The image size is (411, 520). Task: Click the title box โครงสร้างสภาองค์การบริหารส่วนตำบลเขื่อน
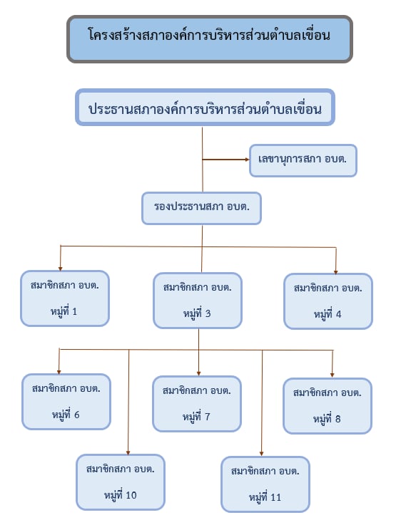coord(209,38)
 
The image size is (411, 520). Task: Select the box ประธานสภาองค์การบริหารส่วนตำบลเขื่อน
coord(205,108)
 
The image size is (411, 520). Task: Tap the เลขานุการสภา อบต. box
coord(303,160)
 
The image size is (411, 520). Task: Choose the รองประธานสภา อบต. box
coord(202,208)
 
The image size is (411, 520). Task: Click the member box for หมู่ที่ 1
coord(65,298)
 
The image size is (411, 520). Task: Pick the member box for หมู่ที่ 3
coord(198,301)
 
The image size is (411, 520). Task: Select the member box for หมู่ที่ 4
coord(328,301)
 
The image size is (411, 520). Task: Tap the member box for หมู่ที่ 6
coord(66,402)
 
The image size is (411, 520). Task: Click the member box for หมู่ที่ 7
coord(197,404)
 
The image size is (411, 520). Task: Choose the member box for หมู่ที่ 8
coord(328,406)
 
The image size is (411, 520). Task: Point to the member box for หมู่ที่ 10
coord(121,482)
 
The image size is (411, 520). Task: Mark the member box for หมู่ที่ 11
coord(265,484)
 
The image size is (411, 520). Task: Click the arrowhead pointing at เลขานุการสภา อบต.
coord(247,160)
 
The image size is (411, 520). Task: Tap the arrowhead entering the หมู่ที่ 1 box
coord(61,269)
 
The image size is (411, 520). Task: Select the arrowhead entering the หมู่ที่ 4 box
coord(336,272)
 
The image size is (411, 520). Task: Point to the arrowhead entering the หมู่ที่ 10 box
coord(128,452)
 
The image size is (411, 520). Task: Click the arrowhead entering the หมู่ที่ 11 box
coord(261,454)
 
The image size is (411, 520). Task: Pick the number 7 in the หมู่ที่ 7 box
coord(208,417)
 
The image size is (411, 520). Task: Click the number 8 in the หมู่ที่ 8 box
coord(338,419)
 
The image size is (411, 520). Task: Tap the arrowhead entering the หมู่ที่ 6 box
coord(59,372)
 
